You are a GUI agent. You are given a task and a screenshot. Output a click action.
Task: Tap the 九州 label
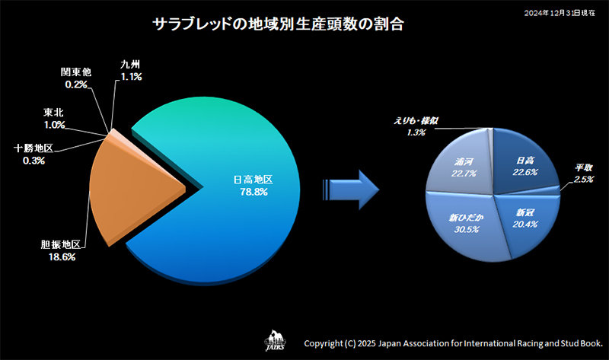(131, 66)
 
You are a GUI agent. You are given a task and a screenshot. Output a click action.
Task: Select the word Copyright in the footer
(326, 343)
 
